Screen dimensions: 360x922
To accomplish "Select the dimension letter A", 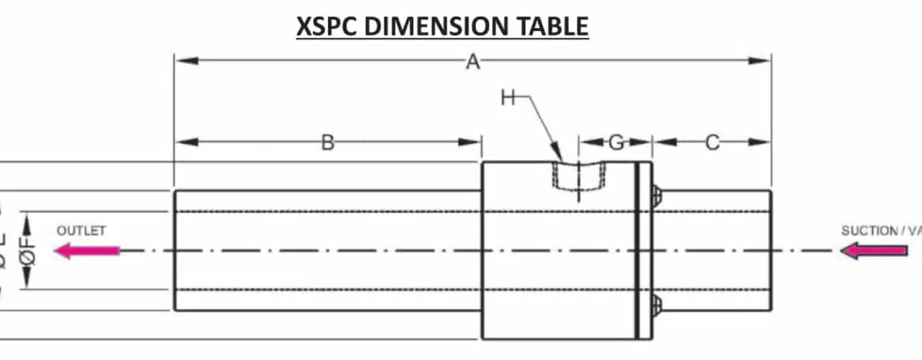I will click(x=473, y=63).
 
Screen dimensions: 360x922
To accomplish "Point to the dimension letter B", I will click(x=328, y=143).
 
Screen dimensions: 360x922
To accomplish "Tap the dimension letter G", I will click(x=617, y=143).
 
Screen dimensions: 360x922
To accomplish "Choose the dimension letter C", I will click(x=712, y=143).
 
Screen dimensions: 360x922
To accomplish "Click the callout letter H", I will click(x=509, y=98).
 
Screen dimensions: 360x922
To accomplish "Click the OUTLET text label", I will click(x=81, y=231).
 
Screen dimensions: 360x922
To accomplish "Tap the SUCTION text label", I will click(x=869, y=231).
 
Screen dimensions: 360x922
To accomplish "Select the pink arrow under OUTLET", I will click(x=87, y=251).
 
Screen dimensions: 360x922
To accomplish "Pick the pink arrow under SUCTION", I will click(x=874, y=251).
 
